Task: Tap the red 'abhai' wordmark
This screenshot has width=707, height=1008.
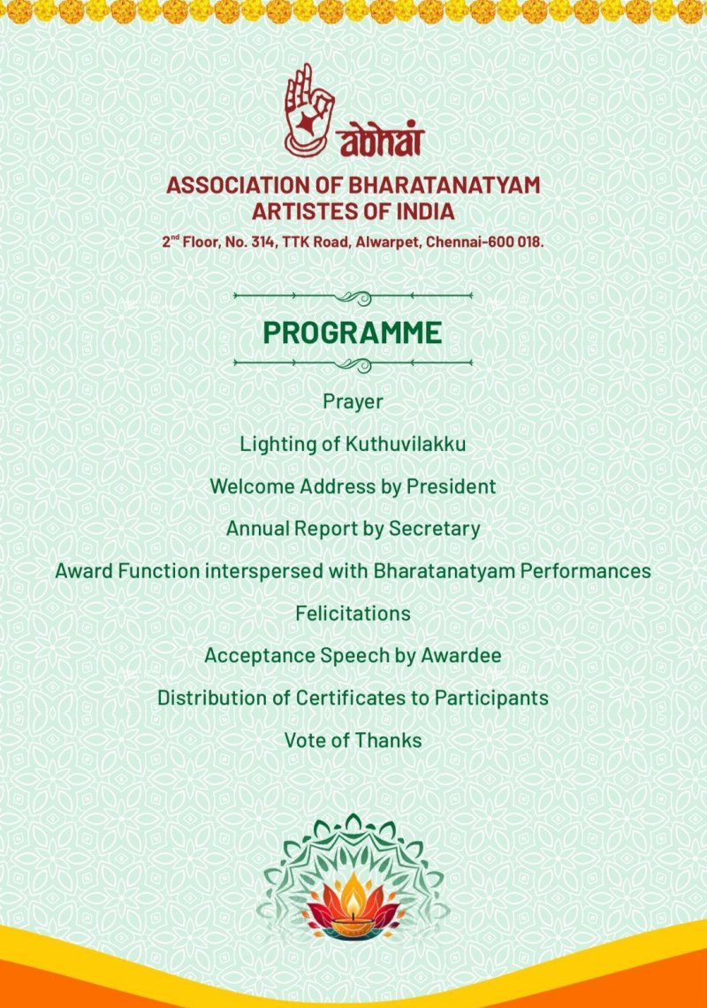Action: pyautogui.click(x=380, y=140)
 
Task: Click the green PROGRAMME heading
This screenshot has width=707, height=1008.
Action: pyautogui.click(x=353, y=332)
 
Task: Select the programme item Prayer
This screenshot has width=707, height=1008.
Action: pyautogui.click(x=353, y=401)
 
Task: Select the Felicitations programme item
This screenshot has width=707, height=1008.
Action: pyautogui.click(x=353, y=613)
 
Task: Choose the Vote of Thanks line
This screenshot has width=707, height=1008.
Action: pyautogui.click(x=353, y=740)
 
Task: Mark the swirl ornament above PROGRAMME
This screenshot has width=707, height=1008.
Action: pyautogui.click(x=353, y=296)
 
